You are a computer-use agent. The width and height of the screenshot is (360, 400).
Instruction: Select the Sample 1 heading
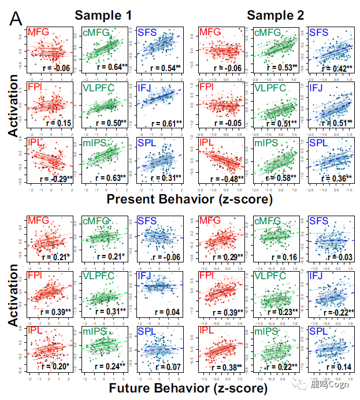103,15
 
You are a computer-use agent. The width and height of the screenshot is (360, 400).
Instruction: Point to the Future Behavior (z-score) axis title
188,388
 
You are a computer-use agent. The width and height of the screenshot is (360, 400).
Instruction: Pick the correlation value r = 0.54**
166,68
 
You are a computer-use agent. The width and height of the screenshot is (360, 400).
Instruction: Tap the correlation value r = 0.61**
166,123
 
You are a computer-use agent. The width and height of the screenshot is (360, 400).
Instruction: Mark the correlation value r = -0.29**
56,178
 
